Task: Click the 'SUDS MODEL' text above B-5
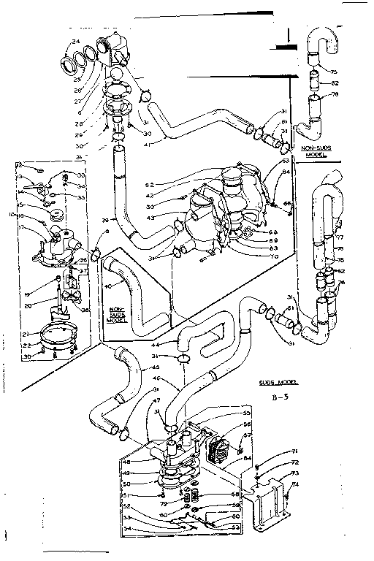point(280,382)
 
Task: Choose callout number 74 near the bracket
point(295,484)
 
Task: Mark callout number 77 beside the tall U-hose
point(339,237)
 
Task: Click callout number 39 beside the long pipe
point(104,220)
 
